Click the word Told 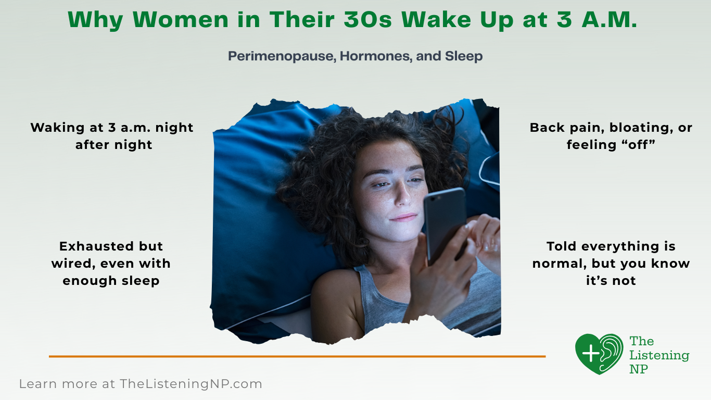coord(562,246)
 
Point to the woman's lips coord(404,217)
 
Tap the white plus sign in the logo coord(591,354)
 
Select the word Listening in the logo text coord(659,355)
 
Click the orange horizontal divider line coord(297,356)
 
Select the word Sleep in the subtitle coord(463,56)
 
